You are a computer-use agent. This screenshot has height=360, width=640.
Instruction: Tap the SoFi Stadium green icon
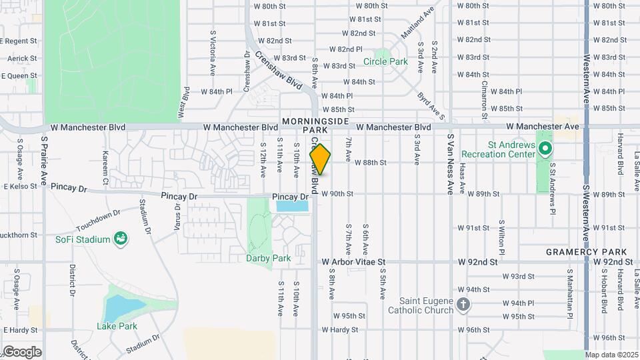(121, 238)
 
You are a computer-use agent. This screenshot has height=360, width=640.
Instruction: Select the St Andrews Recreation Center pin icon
(545, 148)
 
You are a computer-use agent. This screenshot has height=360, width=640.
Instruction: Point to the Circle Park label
(385, 62)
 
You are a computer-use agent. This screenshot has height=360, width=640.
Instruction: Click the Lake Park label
(117, 326)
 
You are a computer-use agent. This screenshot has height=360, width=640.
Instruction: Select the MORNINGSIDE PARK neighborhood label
(315, 125)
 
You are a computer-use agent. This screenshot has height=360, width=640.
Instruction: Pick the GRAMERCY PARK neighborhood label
(586, 252)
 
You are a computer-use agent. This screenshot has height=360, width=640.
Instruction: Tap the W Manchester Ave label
(543, 126)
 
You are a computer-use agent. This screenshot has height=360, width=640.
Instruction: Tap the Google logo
(21, 352)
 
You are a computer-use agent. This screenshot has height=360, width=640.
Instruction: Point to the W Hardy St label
(339, 329)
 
